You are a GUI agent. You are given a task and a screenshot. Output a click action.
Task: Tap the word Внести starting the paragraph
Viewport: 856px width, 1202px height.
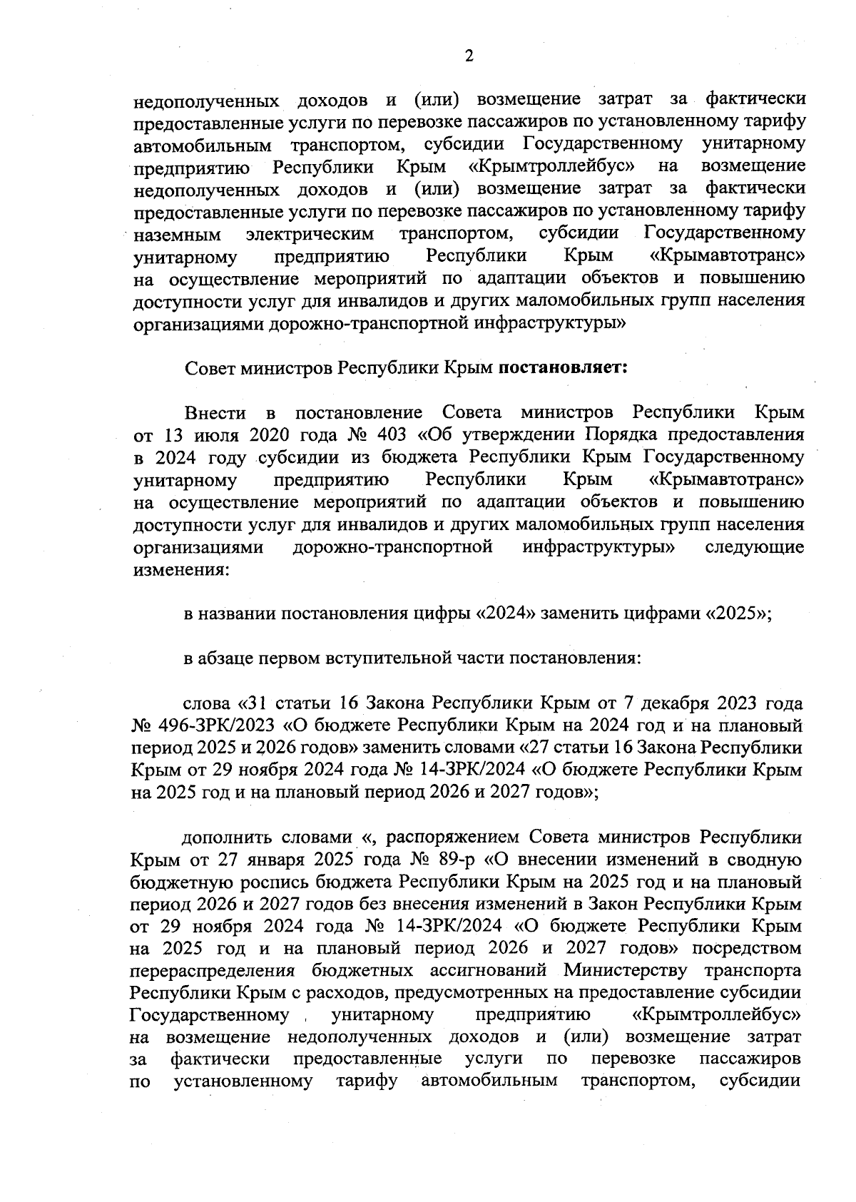click(215, 413)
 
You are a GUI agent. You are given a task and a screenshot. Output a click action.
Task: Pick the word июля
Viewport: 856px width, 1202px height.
click(228, 435)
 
